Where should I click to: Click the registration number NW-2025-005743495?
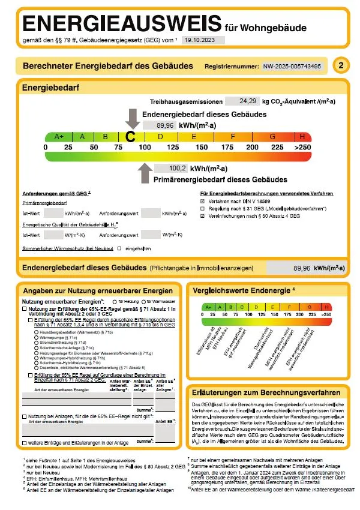click(x=292, y=66)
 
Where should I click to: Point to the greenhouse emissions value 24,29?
click(x=247, y=101)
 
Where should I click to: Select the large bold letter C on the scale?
click(x=131, y=137)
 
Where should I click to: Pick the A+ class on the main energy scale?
click(x=59, y=137)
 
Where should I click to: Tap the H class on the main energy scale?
click(x=302, y=137)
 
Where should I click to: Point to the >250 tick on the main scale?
click(x=303, y=148)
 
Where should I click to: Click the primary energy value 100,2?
click(x=178, y=169)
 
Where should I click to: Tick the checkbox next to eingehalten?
click(x=120, y=248)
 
